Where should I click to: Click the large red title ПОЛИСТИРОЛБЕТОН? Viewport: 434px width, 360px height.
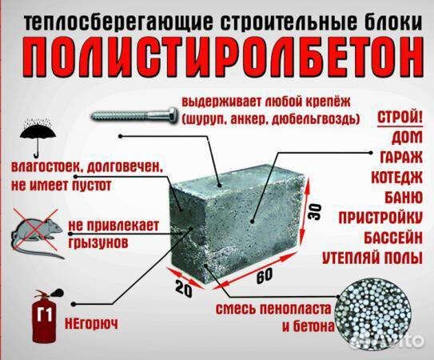coord(217,55)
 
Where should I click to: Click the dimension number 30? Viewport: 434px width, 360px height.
coord(315,211)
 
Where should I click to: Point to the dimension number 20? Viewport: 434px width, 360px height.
coord(184,290)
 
